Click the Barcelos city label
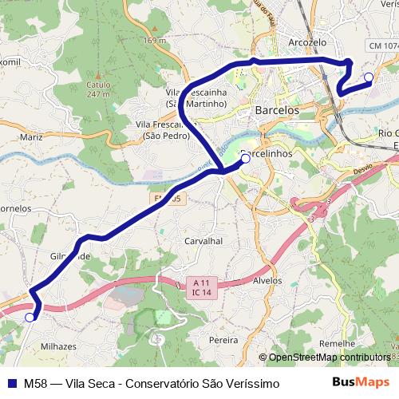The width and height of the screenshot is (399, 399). [277, 110]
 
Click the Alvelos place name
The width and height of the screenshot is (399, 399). [267, 281]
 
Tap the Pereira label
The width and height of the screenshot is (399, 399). [223, 340]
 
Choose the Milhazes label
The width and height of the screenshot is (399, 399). [58, 346]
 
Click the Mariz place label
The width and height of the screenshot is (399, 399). [32, 137]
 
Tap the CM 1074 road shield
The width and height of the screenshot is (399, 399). [383, 47]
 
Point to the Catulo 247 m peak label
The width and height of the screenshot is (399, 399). [98, 89]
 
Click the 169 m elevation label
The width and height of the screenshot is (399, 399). [156, 41]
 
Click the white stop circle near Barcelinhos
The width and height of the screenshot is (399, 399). [245, 159]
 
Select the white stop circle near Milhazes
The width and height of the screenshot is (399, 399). [30, 318]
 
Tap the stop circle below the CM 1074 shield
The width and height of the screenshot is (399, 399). [368, 77]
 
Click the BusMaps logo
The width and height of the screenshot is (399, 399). [361, 382]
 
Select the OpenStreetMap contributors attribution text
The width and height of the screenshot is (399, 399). [328, 358]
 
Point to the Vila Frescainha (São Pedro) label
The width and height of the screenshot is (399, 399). [166, 130]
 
